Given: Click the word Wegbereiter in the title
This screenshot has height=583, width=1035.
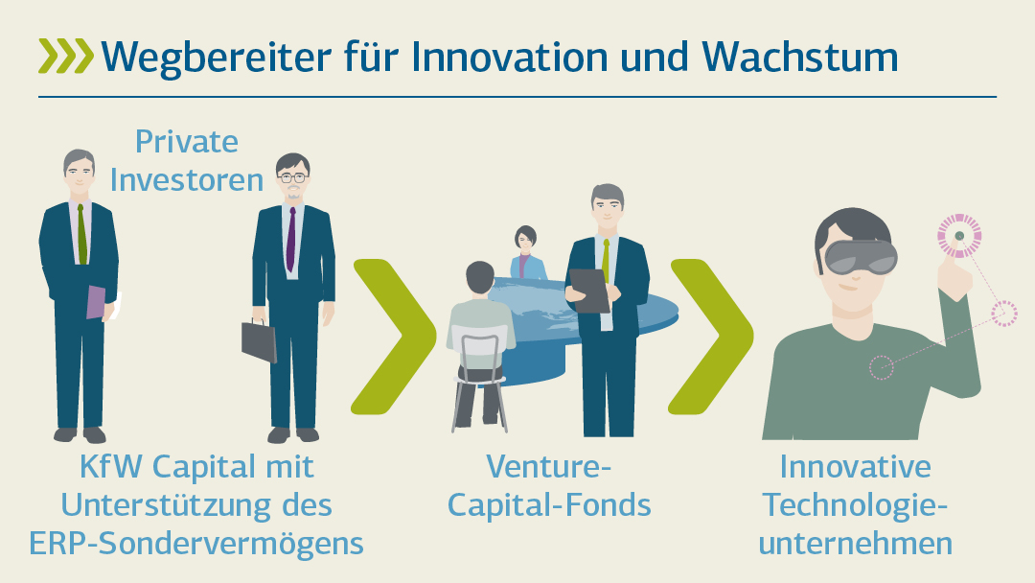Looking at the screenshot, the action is click(216, 58).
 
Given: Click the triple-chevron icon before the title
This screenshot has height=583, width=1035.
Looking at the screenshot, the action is click(66, 56).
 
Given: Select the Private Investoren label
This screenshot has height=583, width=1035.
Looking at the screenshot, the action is click(187, 160).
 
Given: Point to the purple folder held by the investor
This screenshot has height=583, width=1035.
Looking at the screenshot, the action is click(97, 302).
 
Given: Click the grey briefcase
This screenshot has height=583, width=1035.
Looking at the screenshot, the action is click(259, 340).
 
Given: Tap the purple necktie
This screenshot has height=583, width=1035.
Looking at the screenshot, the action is click(291, 239).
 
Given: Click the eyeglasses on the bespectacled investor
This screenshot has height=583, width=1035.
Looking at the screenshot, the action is click(292, 177).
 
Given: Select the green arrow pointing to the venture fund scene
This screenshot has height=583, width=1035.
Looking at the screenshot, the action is click(394, 337).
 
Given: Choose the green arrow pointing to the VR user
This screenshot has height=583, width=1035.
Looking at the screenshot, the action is click(711, 337).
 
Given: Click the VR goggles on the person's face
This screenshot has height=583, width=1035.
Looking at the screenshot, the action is click(861, 256).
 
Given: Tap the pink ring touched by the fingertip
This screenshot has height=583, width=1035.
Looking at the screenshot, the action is click(959, 236).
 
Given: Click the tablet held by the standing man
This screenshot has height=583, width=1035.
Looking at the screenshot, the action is click(589, 291).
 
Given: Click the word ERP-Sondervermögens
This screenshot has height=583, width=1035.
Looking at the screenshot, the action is click(196, 544).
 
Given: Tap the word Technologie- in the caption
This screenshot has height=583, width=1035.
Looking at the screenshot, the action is click(856, 505).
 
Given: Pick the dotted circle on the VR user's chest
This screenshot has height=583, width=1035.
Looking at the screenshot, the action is click(882, 367).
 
